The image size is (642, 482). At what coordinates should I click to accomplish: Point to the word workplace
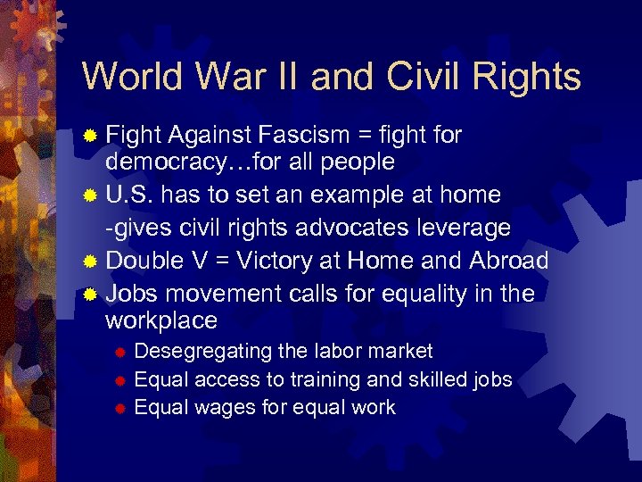tap(161, 320)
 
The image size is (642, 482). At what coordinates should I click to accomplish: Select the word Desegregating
tap(204, 351)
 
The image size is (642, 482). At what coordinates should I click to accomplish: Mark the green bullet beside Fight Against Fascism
tap(89, 136)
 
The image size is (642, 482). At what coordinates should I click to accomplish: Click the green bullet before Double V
tap(89, 262)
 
